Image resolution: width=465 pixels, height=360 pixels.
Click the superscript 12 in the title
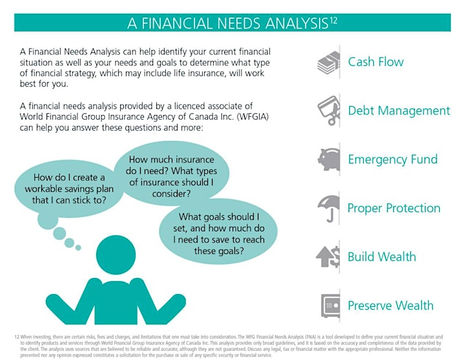[333, 21]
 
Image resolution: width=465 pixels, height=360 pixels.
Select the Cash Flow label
[375, 62]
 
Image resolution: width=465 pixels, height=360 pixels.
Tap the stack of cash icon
[329, 62]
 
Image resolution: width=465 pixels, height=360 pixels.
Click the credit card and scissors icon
[329, 111]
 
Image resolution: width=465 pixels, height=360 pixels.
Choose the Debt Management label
[399, 111]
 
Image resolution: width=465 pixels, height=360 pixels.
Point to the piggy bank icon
[329, 160]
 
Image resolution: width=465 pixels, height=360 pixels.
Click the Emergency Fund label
[393, 160]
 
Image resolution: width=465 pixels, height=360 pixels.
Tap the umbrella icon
[329, 208]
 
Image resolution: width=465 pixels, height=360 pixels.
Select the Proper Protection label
[394, 208]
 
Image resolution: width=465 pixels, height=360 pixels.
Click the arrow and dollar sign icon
[327, 257]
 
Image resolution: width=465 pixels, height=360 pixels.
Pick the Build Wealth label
[382, 257]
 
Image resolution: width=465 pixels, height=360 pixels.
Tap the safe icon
[331, 306]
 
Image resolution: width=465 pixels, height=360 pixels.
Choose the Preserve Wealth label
[390, 306]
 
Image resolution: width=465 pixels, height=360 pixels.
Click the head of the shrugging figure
[116, 255]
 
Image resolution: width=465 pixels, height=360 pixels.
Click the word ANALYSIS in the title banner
[296, 23]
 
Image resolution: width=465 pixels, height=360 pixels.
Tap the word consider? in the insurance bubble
[171, 194]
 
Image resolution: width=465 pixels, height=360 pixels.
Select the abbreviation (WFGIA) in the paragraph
[253, 117]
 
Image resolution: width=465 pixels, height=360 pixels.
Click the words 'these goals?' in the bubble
[219, 251]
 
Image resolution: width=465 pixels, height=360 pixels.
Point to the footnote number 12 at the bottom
[17, 337]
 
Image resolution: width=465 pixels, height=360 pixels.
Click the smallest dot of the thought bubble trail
[78, 248]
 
